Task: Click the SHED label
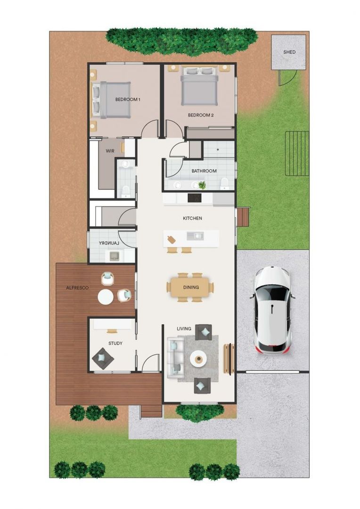[x=289, y=52]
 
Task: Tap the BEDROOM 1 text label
[x=128, y=99]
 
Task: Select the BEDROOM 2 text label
[x=201, y=115]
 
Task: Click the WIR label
[x=110, y=151]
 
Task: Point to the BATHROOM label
[x=204, y=171]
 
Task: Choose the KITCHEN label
[x=192, y=218]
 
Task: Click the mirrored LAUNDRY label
[x=109, y=243]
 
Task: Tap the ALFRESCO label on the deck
[x=77, y=287]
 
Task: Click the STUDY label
[x=115, y=344]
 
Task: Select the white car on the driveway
[x=272, y=310]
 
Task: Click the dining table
[x=190, y=287]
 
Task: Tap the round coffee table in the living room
[x=198, y=360]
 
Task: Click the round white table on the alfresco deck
[x=106, y=296]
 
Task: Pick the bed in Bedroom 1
[x=112, y=99]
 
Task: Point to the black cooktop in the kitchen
[x=195, y=198]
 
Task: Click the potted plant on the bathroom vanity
[x=202, y=185]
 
